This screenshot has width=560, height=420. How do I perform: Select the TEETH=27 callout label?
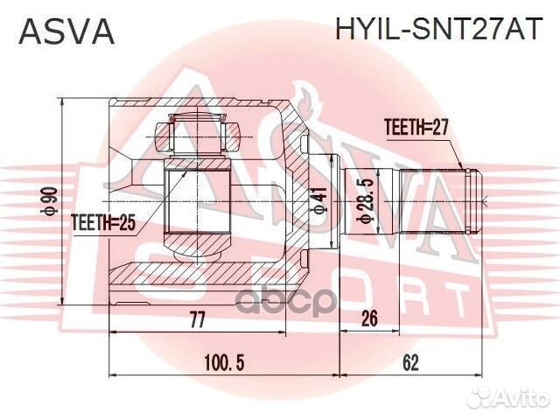coord(416,127)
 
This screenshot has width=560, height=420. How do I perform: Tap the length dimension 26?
coord(368,320)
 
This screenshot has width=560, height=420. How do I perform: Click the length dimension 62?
coord(411,361)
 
